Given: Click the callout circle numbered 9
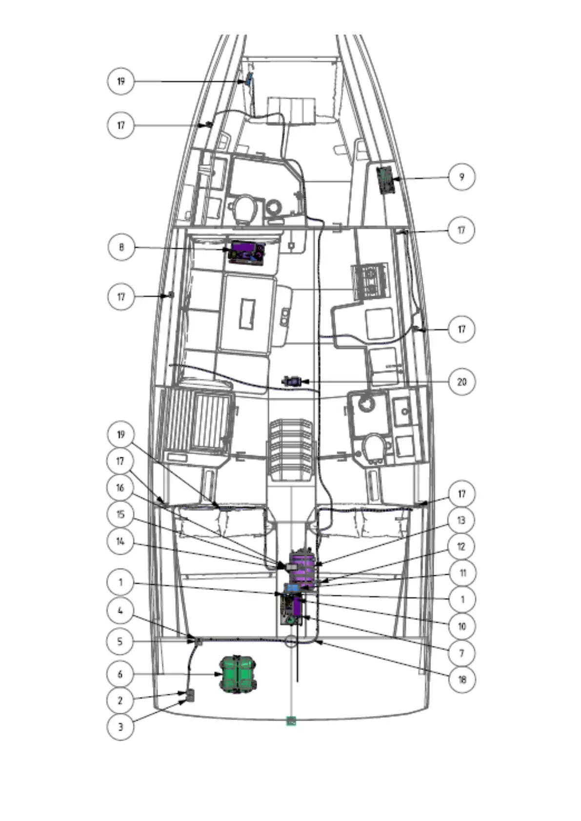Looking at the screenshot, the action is [461, 177].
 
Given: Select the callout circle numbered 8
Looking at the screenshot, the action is [120, 247].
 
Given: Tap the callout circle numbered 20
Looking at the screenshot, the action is [461, 381].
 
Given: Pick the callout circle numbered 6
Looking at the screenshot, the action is [120, 674].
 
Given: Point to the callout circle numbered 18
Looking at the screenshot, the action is [461, 679].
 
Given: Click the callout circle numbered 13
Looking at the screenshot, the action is [461, 520].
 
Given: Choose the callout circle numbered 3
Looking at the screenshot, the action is [120, 727].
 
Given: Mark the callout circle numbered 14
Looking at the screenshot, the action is [120, 541].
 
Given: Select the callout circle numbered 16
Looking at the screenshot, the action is [120, 488].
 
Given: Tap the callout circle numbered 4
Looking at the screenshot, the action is [120, 610].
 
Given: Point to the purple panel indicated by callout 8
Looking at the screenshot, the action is [247, 253].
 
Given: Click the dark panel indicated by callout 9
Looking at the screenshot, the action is [387, 180].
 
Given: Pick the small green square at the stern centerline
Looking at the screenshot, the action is [291, 721].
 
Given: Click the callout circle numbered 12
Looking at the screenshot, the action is [461, 547].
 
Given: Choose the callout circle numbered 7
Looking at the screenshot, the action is [461, 652].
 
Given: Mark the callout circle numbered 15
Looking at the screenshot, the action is [120, 515].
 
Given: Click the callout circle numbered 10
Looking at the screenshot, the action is [461, 626].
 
